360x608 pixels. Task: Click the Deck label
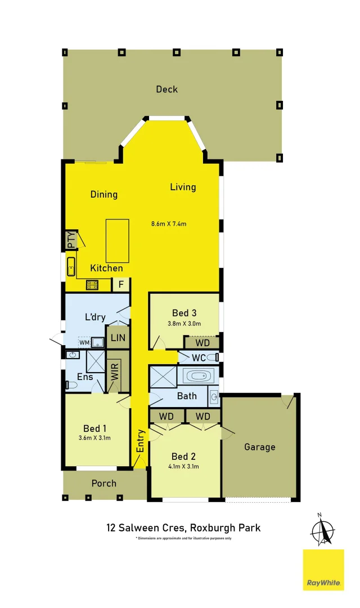(x=167, y=89)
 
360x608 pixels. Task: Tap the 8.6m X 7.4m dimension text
(x=168, y=223)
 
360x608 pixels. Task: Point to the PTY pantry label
(x=71, y=240)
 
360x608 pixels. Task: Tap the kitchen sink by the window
(x=71, y=266)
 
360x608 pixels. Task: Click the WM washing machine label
(x=84, y=342)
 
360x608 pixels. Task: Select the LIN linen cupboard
(x=118, y=338)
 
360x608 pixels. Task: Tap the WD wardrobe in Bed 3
(x=201, y=343)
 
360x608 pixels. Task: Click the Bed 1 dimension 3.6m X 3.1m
(x=94, y=438)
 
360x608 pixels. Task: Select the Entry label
(x=140, y=440)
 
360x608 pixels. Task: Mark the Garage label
(x=259, y=447)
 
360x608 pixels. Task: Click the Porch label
(x=104, y=483)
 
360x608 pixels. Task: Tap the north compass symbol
(x=322, y=530)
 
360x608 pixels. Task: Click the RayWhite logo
(x=323, y=570)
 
